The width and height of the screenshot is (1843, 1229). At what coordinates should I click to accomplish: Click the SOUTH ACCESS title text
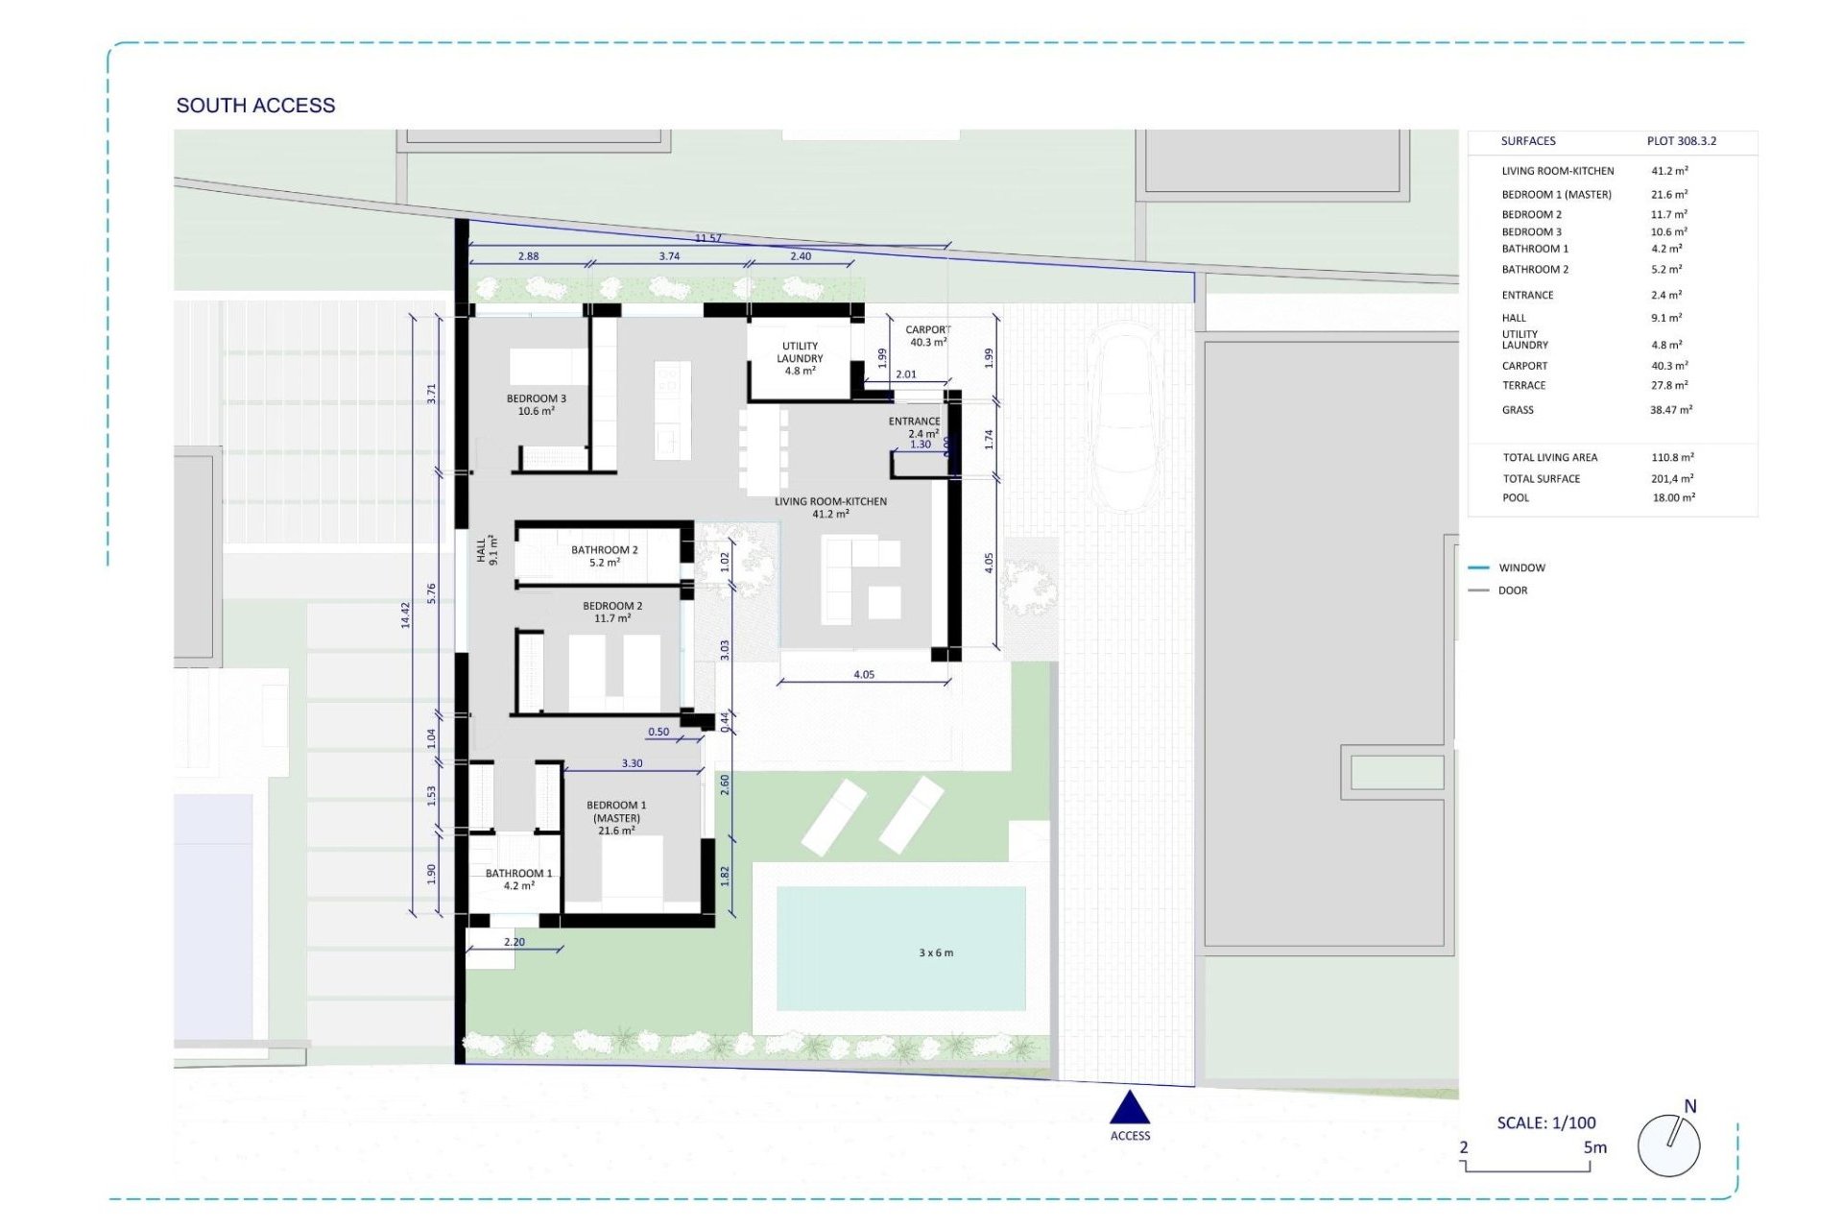[255, 106]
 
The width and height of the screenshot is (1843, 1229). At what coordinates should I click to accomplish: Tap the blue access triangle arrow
[1130, 1109]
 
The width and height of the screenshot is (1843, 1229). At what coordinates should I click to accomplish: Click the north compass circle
[1668, 1145]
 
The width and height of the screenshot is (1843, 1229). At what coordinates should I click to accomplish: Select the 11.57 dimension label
[708, 238]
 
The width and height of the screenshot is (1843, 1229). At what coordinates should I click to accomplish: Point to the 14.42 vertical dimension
[405, 614]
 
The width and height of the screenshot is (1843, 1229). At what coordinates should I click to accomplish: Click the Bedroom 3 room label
[537, 404]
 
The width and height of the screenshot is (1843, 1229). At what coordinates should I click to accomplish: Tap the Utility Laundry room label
[800, 358]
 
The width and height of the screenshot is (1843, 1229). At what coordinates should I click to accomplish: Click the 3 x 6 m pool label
[936, 952]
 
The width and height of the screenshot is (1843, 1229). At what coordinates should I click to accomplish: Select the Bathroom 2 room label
[604, 556]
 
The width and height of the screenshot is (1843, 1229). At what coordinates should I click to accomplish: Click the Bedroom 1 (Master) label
[616, 817]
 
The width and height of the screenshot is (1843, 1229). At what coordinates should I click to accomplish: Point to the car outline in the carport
[1128, 418]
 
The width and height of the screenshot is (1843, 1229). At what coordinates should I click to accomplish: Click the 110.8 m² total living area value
[1672, 457]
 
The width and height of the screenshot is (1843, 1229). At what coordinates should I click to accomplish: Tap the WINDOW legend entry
[1521, 567]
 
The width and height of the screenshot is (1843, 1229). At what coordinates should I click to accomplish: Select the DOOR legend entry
[1512, 590]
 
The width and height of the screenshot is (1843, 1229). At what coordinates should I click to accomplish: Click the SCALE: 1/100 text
[1545, 1122]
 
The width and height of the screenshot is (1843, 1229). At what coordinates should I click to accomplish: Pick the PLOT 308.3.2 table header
[1681, 141]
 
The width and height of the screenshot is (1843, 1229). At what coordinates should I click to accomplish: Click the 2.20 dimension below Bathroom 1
[515, 942]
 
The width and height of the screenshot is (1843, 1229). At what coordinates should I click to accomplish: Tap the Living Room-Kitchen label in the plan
[830, 507]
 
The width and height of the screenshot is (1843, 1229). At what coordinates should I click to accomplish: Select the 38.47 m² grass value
[1670, 410]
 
